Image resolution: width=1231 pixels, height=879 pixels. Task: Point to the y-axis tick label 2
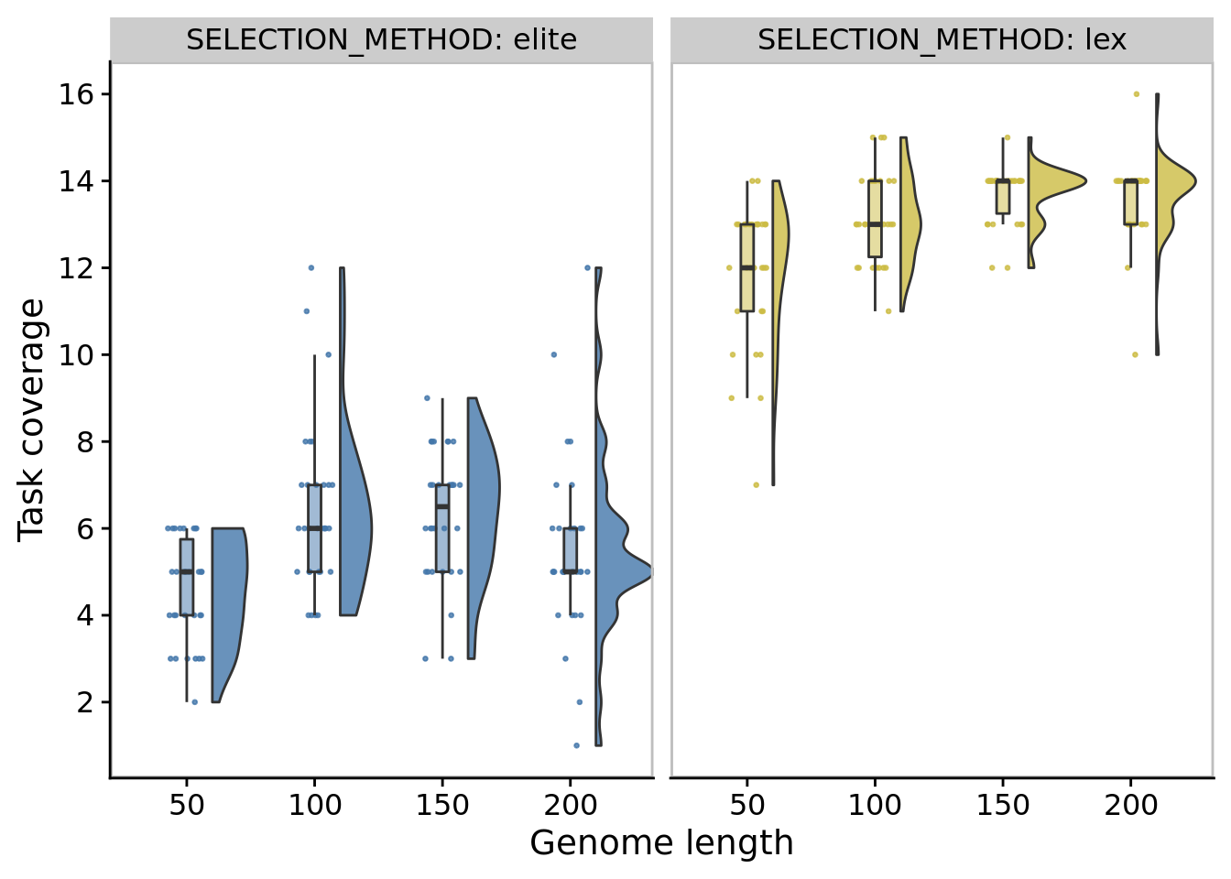pyautogui.click(x=84, y=702)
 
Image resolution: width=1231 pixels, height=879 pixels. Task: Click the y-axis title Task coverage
pyautogui.click(x=31, y=419)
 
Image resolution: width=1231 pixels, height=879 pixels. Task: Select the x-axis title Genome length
pyautogui.click(x=661, y=843)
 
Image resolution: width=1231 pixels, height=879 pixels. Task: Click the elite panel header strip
pyautogui.click(x=381, y=40)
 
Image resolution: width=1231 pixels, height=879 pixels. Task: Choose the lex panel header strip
pyautogui.click(x=942, y=40)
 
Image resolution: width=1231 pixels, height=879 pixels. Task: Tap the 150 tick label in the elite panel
pyautogui.click(x=442, y=806)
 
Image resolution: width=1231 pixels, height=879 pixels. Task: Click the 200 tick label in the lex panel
pyautogui.click(x=1131, y=806)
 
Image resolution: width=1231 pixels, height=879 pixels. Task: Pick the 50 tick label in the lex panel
pyautogui.click(x=747, y=806)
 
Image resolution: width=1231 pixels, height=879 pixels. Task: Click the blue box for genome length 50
pyautogui.click(x=187, y=577)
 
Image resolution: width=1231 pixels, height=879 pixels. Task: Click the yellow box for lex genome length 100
pyautogui.click(x=875, y=219)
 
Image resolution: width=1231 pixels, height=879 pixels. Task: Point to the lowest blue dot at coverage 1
pyautogui.click(x=576, y=745)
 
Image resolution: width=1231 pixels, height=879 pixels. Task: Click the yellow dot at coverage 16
pyautogui.click(x=1137, y=94)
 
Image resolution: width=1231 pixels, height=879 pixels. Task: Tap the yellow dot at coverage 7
pyautogui.click(x=756, y=485)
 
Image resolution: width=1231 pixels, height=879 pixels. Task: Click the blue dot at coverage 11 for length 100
pyautogui.click(x=307, y=311)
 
